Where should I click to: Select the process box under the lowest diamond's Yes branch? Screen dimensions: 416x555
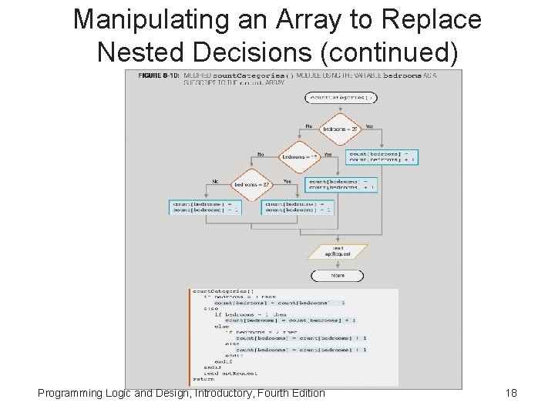(x=297, y=206)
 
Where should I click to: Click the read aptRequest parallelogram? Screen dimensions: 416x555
(x=338, y=252)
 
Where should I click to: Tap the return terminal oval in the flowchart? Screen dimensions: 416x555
(x=338, y=275)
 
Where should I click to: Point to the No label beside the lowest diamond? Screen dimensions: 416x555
(x=216, y=181)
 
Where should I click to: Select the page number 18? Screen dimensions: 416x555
(x=510, y=394)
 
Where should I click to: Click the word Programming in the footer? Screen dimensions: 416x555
(x=70, y=394)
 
